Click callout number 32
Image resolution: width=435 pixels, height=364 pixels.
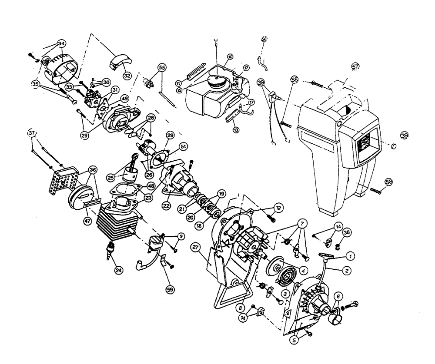tap(127, 75)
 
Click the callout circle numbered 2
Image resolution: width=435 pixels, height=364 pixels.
tap(347, 270)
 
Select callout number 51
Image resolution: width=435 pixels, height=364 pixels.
tap(183, 147)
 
